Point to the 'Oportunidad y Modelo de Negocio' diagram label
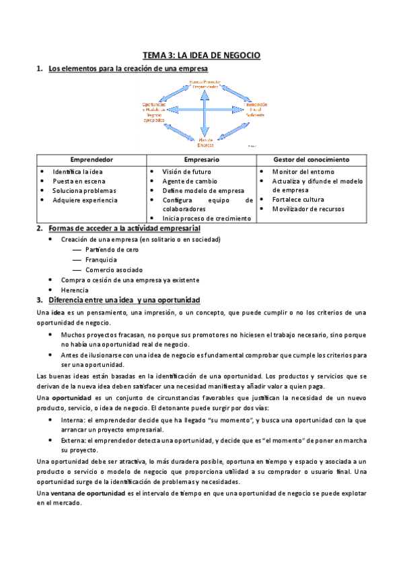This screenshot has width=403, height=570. (x=155, y=112)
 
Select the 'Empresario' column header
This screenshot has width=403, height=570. (x=200, y=160)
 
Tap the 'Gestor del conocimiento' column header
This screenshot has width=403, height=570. (x=312, y=160)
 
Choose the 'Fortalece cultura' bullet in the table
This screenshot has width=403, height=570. (x=298, y=200)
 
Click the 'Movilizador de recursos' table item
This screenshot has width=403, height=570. (x=308, y=209)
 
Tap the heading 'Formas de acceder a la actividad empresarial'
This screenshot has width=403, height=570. (x=124, y=229)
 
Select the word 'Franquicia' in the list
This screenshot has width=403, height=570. (x=101, y=259)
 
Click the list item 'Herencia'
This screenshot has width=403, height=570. (x=74, y=290)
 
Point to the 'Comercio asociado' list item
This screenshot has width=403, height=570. (x=114, y=270)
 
